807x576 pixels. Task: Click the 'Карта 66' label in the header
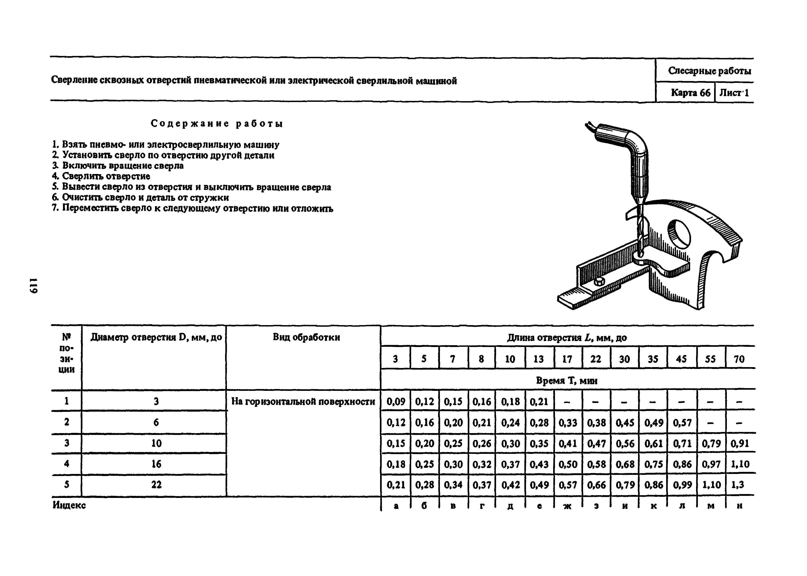[x=690, y=93]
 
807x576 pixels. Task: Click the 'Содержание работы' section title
[x=217, y=124]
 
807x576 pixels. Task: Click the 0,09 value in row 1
[x=396, y=402]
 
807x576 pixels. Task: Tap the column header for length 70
[x=739, y=359]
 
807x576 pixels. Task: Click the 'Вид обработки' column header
[x=306, y=337]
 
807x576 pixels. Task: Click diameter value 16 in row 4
[x=156, y=464]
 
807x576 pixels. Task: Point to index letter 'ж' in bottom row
[x=567, y=506]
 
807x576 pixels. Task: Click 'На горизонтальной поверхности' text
[x=303, y=402]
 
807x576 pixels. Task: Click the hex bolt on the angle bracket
[x=599, y=281]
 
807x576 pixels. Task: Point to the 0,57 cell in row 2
[x=682, y=422]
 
